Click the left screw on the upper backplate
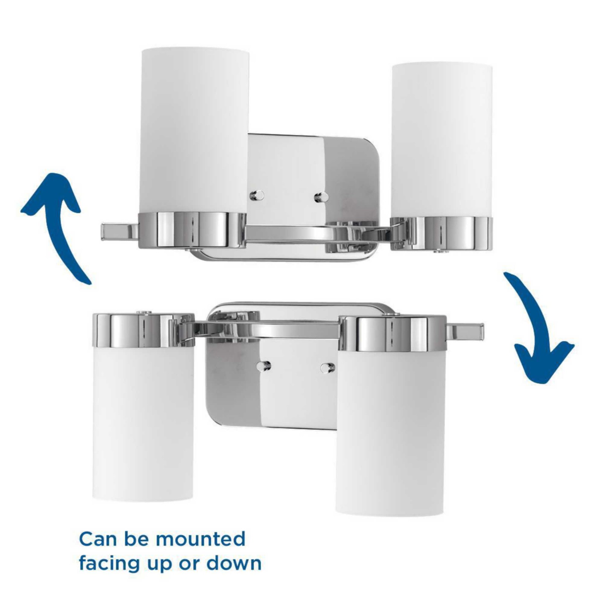click(257, 195)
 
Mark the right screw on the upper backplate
click(321, 197)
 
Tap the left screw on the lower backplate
click(263, 366)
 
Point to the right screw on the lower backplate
click(328, 367)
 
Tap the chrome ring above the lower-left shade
click(144, 329)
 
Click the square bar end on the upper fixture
click(120, 231)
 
